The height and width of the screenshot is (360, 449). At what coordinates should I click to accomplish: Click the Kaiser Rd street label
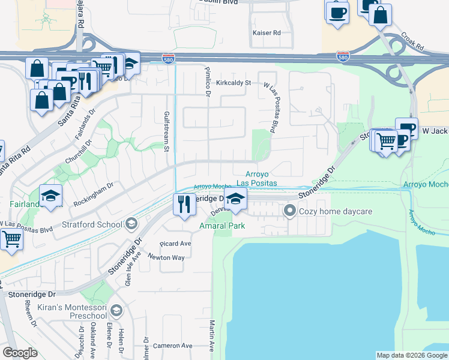coord(267,32)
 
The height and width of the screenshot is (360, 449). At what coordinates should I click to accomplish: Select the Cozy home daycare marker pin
coord(291,211)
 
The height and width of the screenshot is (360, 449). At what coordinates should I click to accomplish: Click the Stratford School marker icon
coord(130,225)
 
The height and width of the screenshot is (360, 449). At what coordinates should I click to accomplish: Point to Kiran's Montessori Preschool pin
coord(116,311)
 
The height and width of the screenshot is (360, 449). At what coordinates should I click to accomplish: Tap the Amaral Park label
coord(222,226)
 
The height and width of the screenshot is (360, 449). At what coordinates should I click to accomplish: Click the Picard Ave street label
coord(175,244)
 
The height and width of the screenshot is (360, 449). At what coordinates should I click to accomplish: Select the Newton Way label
coord(170,257)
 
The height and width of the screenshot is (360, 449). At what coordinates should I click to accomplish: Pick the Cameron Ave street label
coord(172,346)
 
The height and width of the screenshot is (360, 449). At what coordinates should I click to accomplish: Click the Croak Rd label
coord(412,41)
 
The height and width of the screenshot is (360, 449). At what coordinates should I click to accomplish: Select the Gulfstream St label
coord(167,131)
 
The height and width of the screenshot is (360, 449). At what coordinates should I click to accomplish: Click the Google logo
coord(20,353)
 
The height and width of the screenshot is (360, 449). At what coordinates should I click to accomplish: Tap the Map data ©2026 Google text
coord(411,355)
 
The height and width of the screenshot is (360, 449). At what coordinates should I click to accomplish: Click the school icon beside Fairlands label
coord(51,195)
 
